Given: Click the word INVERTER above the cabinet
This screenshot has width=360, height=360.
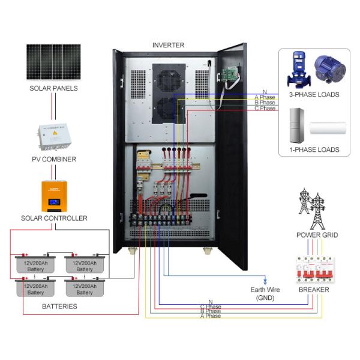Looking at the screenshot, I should (168, 46).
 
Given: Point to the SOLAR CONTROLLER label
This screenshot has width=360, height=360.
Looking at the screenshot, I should (53, 218).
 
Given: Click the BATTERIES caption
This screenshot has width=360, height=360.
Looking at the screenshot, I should (59, 307).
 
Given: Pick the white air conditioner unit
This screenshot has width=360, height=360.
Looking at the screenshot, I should (327, 128).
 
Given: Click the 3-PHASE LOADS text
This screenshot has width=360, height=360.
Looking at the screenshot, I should (314, 94).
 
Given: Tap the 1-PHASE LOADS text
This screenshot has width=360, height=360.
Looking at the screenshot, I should (314, 149).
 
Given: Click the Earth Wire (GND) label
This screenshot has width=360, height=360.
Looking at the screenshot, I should (265, 293).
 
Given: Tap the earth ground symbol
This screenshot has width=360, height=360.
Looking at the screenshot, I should (265, 280).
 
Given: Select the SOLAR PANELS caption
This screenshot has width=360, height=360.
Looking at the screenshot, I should (53, 88).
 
